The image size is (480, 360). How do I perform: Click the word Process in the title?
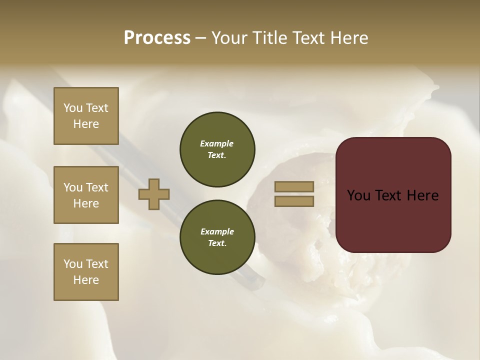click(157, 37)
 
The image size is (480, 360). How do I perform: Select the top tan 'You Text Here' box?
click(86, 116)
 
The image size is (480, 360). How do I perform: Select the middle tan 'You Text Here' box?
click(86, 195)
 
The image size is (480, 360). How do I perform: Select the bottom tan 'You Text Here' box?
click(86, 272)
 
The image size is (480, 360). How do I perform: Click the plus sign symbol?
click(154, 194)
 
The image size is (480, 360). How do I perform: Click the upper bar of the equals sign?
click(294, 186)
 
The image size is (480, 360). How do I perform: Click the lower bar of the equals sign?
click(294, 201)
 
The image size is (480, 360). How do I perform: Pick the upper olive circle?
click(217, 149)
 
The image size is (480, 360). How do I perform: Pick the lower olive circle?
click(217, 237)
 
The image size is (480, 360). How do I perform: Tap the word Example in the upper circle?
click(217, 143)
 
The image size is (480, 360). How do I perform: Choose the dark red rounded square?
click(393, 194)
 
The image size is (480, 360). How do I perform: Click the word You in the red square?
click(358, 195)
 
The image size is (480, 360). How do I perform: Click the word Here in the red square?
click(422, 195)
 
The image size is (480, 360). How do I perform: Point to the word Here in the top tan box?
click(86, 124)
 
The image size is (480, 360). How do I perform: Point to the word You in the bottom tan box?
click(73, 264)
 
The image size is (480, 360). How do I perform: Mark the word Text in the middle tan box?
click(97, 187)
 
